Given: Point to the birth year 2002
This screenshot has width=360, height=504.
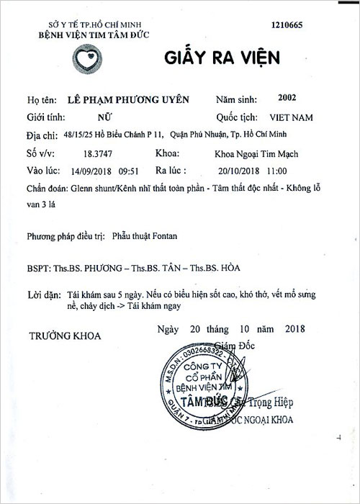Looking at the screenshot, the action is click(x=276, y=99).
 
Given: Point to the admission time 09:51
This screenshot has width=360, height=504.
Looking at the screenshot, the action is click(x=128, y=171).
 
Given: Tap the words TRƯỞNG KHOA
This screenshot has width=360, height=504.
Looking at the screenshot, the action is click(x=66, y=336).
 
